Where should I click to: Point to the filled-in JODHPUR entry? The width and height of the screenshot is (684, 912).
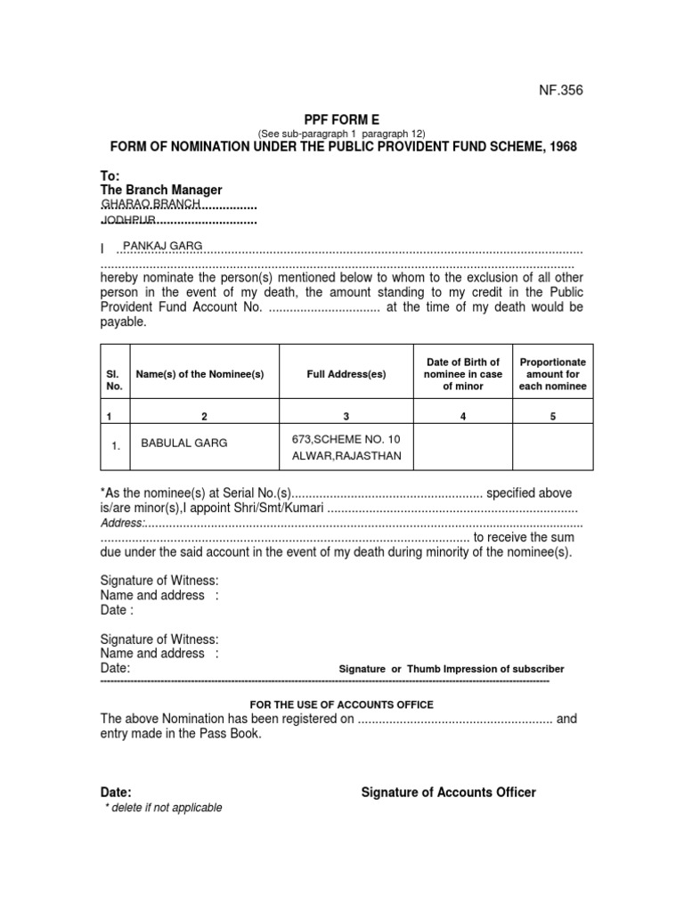[128, 219]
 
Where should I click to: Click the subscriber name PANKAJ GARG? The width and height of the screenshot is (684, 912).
[163, 245]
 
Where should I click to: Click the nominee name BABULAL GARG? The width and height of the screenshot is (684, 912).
[184, 443]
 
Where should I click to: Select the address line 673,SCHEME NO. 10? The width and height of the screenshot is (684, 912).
[346, 437]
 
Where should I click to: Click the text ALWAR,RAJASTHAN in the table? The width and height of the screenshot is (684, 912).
[346, 455]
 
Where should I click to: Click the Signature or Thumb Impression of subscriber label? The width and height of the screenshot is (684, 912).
[452, 669]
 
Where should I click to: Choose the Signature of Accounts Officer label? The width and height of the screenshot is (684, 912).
[448, 792]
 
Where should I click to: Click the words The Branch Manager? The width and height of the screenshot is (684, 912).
[161, 190]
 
